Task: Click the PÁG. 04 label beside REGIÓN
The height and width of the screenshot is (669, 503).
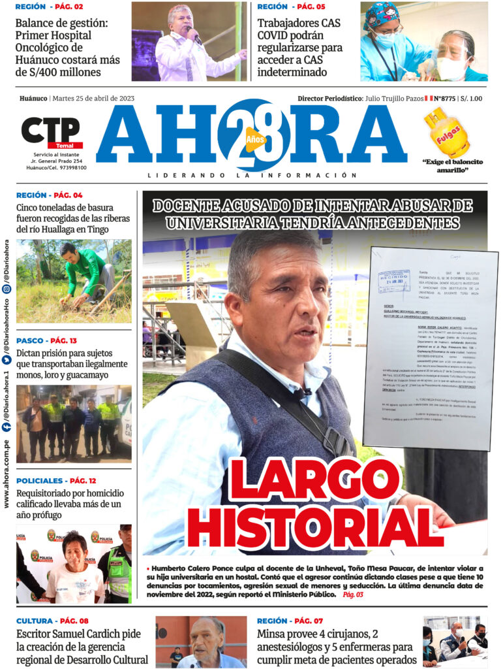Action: (68, 195)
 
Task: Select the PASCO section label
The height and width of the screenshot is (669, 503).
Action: (31, 340)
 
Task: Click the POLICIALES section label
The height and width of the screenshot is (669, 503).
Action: (40, 481)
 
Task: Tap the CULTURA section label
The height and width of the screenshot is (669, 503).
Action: (35, 621)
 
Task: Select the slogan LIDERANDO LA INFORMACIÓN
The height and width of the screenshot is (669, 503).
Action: (252, 175)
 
